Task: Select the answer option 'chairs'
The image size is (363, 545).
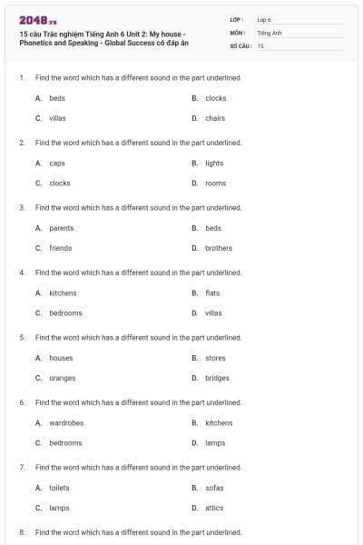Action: pyautogui.click(x=215, y=118)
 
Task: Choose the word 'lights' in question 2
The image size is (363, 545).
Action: pyautogui.click(x=214, y=163)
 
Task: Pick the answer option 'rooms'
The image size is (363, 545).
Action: pyautogui.click(x=215, y=183)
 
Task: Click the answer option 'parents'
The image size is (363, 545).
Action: pyautogui.click(x=62, y=228)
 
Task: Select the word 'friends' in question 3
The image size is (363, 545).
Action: pyautogui.click(x=61, y=248)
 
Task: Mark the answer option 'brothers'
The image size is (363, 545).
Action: pyautogui.click(x=219, y=248)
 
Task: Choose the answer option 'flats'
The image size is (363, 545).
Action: pyautogui.click(x=212, y=292)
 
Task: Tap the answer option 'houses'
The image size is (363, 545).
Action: pyautogui.click(x=61, y=358)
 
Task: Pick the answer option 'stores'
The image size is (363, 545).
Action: pyautogui.click(x=215, y=358)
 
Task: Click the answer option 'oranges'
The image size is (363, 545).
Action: pyautogui.click(x=63, y=378)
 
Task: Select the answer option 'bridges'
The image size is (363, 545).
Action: pyautogui.click(x=217, y=378)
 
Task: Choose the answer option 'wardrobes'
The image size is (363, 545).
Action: pyautogui.click(x=66, y=422)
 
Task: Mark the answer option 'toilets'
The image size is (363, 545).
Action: pyautogui.click(x=59, y=488)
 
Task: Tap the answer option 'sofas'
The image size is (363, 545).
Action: pyautogui.click(x=214, y=488)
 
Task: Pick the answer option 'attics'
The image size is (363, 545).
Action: pyautogui.click(x=214, y=508)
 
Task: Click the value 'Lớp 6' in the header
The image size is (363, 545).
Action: pyautogui.click(x=264, y=18)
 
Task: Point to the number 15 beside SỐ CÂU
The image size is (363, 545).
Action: pyautogui.click(x=260, y=45)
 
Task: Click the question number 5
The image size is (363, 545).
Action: pyautogui.click(x=21, y=337)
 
